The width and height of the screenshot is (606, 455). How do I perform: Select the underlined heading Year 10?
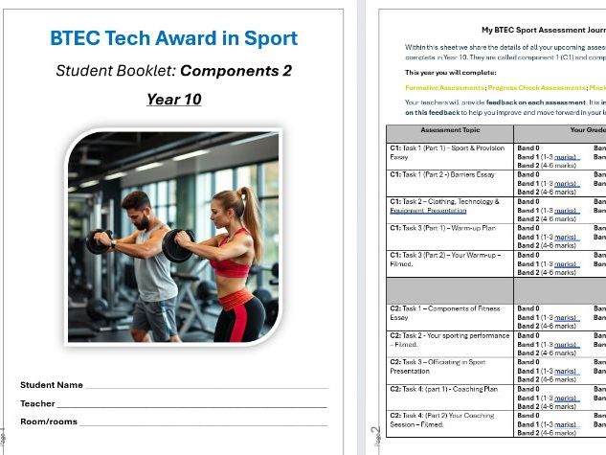(x=173, y=99)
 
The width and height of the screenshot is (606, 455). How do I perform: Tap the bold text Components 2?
(x=236, y=71)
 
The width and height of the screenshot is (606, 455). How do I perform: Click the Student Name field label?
(x=52, y=385)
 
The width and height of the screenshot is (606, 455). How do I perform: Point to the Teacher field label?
(x=38, y=403)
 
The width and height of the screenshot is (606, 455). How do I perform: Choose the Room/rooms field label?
(x=49, y=421)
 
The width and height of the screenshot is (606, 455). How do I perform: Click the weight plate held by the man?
(x=99, y=241)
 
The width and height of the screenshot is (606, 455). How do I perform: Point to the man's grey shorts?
(x=154, y=316)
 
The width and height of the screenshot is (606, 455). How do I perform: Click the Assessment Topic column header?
(x=449, y=130)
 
